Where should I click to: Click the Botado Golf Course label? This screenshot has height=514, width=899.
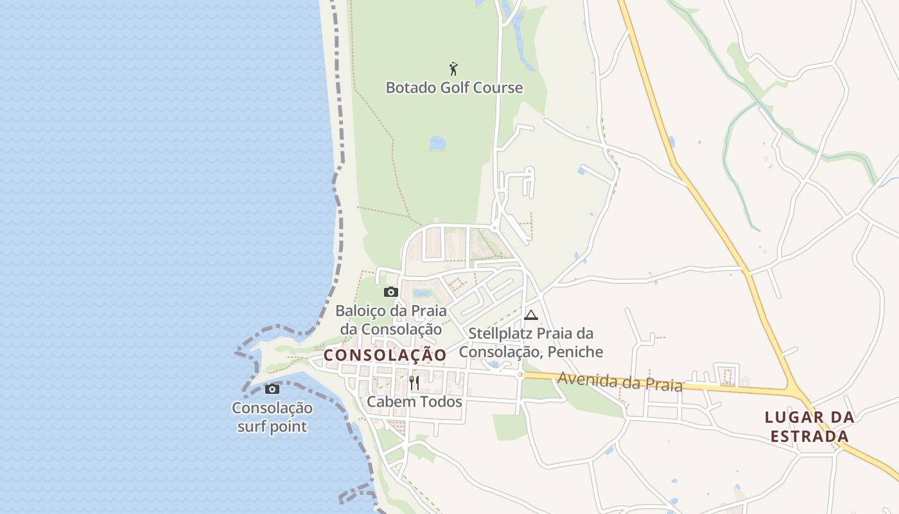pos(454,87)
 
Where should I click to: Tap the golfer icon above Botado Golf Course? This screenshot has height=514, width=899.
pos(453,67)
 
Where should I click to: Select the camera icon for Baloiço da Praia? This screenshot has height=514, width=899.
pos(390,292)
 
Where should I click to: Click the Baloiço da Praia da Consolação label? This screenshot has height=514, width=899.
pos(391,319)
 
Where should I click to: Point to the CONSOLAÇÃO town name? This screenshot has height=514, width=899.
pos(385,355)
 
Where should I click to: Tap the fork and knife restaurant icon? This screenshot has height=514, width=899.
pos(414,384)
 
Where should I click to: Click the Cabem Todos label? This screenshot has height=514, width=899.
pos(414,402)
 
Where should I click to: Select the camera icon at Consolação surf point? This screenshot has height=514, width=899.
pos(272,389)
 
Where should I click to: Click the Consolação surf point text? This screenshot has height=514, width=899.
pos(272,417)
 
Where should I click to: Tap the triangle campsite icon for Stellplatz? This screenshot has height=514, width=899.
pos(530,315)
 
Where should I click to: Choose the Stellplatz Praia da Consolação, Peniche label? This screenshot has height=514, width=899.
pos(531,342)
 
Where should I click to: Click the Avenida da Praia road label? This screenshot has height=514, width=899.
pos(620,381)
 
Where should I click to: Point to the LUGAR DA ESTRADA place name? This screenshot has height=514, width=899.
pos(810,427)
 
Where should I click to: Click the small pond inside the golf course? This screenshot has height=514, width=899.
pos(437,143)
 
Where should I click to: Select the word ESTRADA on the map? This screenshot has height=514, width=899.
pos(810,437)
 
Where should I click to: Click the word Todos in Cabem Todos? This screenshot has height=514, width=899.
pos(439,402)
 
